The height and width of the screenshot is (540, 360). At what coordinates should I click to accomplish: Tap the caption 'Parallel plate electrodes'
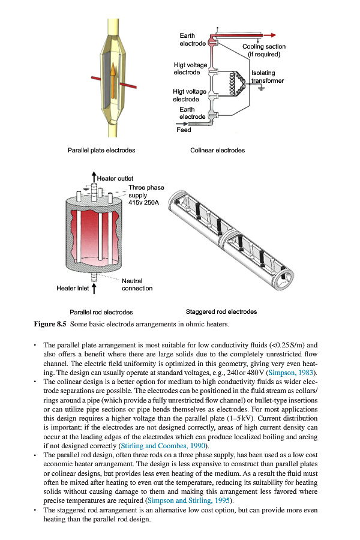pos(101,150)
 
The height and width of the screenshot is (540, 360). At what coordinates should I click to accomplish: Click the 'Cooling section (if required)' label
pos(264,50)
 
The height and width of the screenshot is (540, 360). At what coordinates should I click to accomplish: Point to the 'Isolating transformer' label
pos(268,77)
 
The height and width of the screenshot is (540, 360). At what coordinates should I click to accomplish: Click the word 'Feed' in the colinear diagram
pos(184,130)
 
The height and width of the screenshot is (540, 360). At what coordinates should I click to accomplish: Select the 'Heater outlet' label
pos(115,178)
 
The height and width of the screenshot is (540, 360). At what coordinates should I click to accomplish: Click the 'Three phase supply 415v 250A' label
pos(146,196)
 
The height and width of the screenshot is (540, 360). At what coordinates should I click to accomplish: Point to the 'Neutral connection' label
pos(137,285)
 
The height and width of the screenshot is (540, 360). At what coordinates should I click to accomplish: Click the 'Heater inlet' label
pos(73,289)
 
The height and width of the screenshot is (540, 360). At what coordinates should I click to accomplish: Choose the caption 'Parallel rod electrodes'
pos(101,313)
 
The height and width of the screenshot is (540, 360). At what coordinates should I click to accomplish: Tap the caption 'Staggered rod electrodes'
pos(221,312)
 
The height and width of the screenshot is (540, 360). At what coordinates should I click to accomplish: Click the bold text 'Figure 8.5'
pos(51,325)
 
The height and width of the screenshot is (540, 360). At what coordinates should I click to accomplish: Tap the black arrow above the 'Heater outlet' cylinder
pos(94,175)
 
